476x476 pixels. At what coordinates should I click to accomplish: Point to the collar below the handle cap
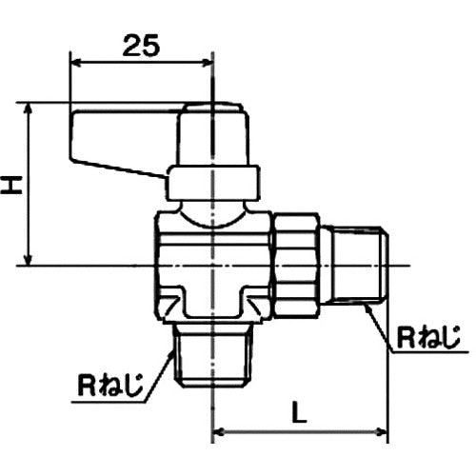click(213, 183)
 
